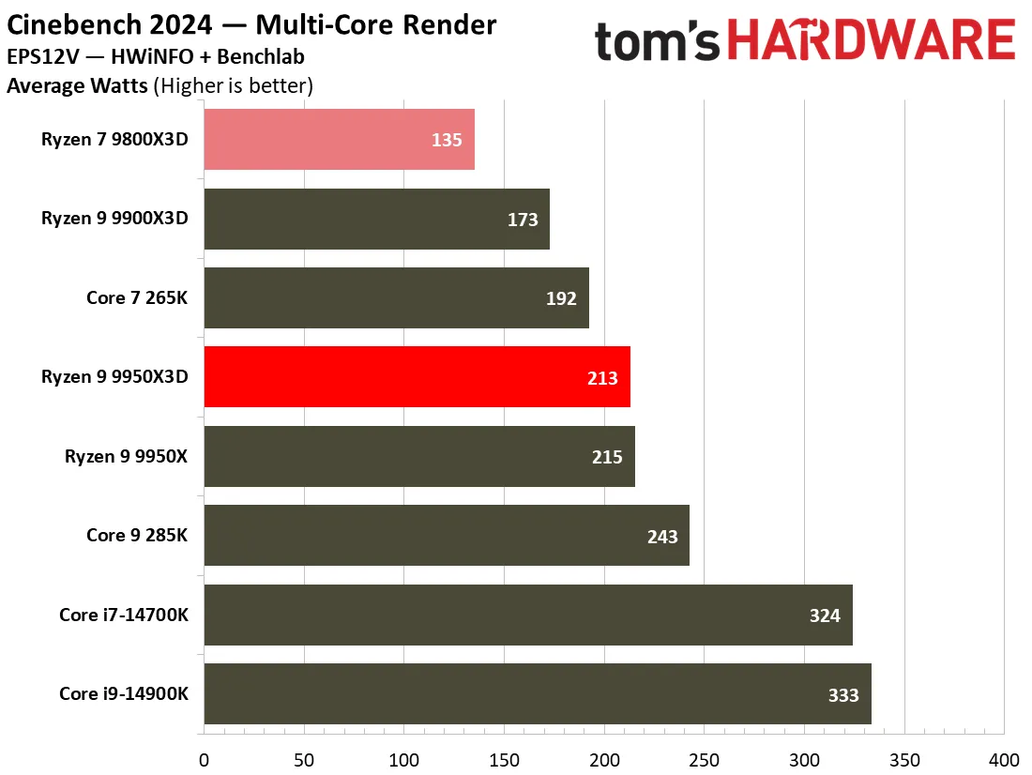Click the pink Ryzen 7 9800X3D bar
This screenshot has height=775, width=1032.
(339, 140)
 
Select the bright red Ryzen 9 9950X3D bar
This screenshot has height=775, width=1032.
(417, 376)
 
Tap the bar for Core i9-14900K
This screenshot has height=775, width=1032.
(538, 694)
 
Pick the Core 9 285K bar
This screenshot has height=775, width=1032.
(447, 536)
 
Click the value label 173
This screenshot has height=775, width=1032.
(523, 220)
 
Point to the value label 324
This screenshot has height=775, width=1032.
(825, 615)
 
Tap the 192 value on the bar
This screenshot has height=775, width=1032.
(561, 298)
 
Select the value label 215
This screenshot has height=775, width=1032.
(607, 457)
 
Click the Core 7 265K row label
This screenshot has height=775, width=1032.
(137, 297)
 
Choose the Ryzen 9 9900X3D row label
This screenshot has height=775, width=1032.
(114, 218)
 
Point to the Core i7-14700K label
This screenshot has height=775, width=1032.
(124, 615)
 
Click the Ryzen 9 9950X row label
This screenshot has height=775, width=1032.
(126, 456)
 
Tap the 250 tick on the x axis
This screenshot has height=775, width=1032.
(705, 760)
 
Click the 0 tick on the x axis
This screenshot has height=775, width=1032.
(204, 760)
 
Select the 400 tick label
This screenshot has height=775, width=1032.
(1005, 760)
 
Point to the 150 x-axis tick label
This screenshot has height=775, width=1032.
(504, 760)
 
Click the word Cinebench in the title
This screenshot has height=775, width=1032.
(74, 25)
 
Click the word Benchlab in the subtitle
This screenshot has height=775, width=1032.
(261, 56)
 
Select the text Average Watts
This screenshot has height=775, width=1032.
(77, 85)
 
